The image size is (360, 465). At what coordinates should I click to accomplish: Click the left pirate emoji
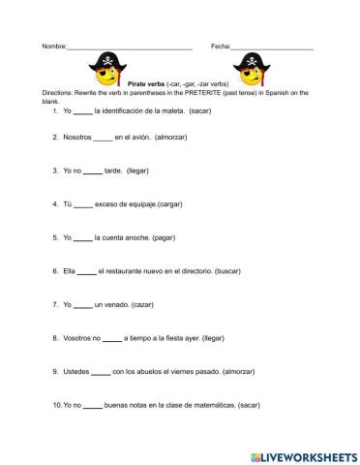[107, 70]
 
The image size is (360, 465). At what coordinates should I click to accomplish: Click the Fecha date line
[272, 48]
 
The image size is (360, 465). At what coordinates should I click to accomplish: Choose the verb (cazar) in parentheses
[144, 304]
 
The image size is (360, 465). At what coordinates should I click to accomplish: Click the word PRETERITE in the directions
[190, 92]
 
